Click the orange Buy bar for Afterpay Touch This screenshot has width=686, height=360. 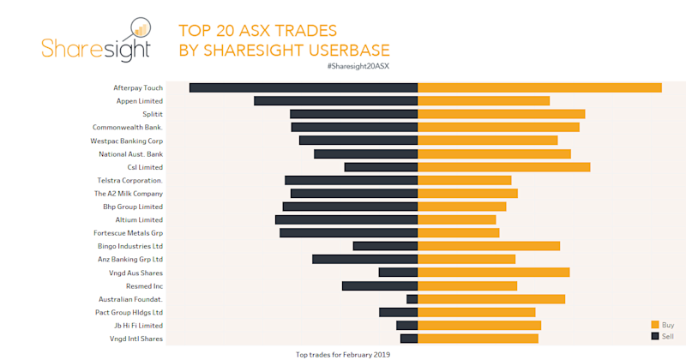[x=539, y=87]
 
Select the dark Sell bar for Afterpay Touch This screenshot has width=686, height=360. [x=304, y=87]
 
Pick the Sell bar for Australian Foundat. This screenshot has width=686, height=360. [x=412, y=299]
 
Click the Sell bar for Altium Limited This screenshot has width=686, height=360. [x=346, y=220]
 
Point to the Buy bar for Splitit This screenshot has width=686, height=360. [x=501, y=114]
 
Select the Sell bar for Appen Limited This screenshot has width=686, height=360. [x=335, y=101]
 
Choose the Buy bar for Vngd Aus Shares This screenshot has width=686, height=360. [x=493, y=273]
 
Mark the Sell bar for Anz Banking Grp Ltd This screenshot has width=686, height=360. [x=364, y=259]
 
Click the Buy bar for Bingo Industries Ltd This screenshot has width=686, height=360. [x=488, y=246]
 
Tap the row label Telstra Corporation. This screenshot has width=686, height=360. [x=130, y=180]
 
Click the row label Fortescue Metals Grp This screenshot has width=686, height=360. [x=128, y=233]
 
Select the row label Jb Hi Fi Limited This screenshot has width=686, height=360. [x=138, y=326]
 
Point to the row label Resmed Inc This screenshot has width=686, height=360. [x=144, y=285]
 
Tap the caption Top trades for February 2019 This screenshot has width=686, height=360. [x=342, y=354]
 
